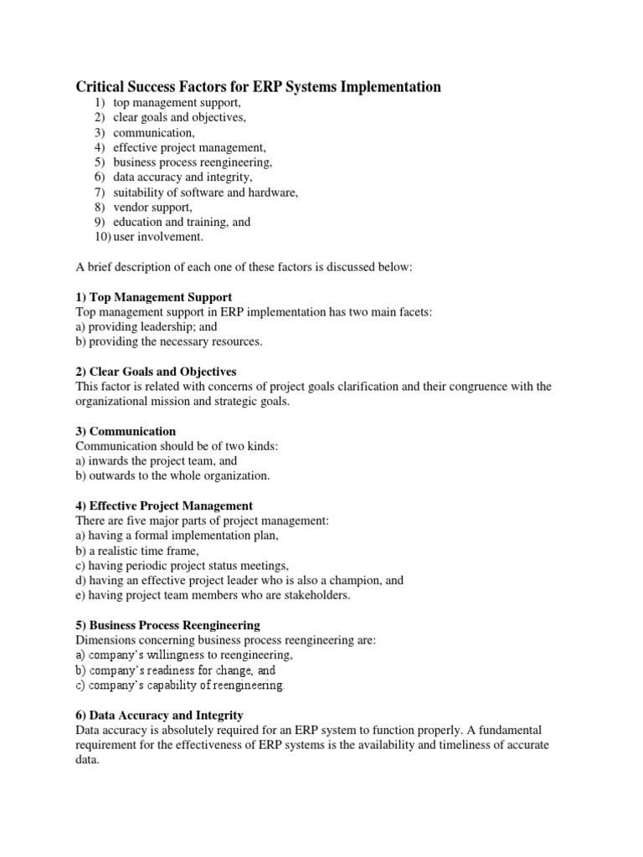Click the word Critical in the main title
tap(102, 86)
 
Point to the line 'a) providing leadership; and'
tap(141, 327)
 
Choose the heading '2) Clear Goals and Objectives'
tap(157, 371)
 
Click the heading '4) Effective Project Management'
tap(164, 506)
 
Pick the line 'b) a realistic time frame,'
tap(137, 550)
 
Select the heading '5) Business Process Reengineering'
tap(167, 625)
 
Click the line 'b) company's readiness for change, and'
tap(176, 670)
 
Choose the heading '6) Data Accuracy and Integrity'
tap(160, 716)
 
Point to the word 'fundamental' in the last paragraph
tap(518, 731)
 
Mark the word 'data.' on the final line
tap(88, 761)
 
